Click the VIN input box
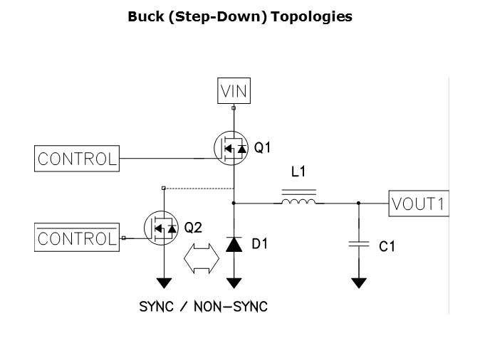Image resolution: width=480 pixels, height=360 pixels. pyautogui.click(x=234, y=92)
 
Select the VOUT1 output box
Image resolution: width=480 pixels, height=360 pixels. pyautogui.click(x=419, y=204)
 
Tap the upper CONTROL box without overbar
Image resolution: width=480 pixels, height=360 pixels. pyautogui.click(x=77, y=159)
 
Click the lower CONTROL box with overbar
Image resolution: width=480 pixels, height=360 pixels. pyautogui.click(x=77, y=238)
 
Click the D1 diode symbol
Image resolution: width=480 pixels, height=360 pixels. pyautogui.click(x=234, y=245)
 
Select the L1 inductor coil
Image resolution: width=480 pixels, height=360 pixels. pyautogui.click(x=299, y=203)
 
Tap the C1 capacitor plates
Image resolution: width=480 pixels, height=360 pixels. pyautogui.click(x=359, y=245)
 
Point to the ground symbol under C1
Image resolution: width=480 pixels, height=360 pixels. pyautogui.click(x=359, y=282)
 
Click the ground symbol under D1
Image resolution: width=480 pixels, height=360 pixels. pyautogui.click(x=234, y=282)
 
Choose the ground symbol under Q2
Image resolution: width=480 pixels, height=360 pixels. pyautogui.click(x=165, y=282)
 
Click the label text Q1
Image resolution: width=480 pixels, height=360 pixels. pyautogui.click(x=263, y=148)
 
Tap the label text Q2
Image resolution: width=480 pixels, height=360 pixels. pyautogui.click(x=193, y=228)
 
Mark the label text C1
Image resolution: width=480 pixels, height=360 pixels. pyautogui.click(x=387, y=247)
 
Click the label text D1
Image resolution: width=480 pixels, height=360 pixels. pyautogui.click(x=261, y=245)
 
